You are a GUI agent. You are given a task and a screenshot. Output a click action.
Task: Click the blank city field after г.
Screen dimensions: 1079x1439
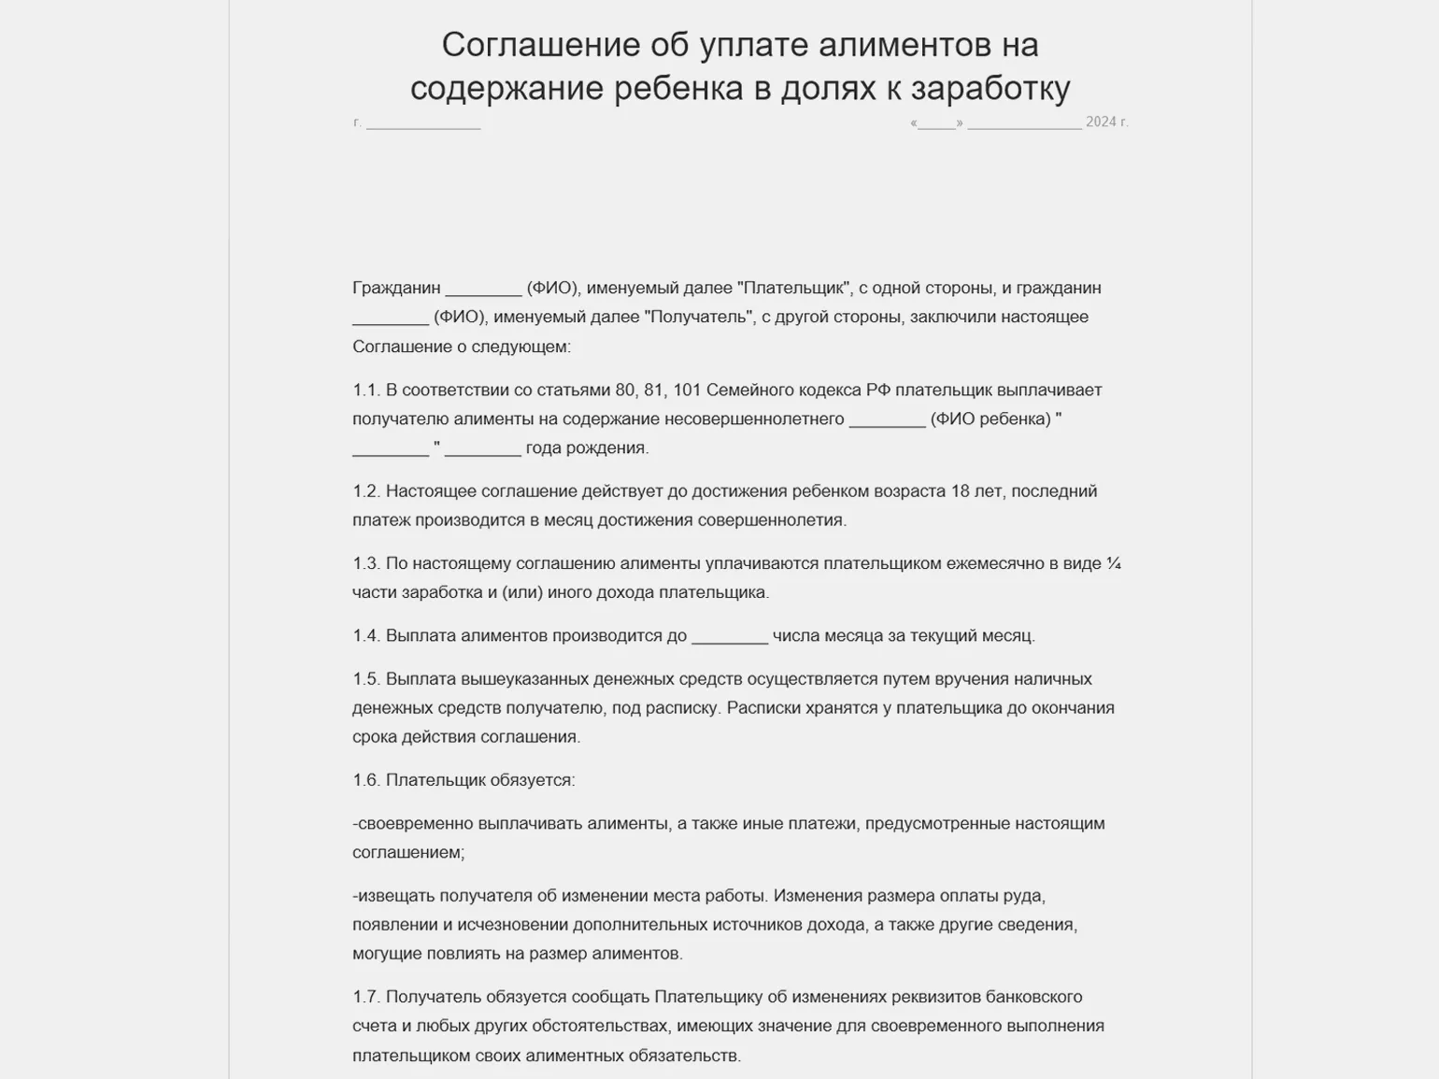(x=423, y=122)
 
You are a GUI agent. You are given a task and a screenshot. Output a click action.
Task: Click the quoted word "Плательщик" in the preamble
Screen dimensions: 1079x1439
(x=794, y=288)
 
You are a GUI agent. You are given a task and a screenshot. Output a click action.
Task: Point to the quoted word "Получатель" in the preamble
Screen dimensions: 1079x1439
(x=700, y=317)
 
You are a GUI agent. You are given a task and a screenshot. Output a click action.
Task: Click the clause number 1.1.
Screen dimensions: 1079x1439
(x=366, y=390)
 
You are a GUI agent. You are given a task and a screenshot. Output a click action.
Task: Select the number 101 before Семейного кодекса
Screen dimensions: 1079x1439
(x=687, y=390)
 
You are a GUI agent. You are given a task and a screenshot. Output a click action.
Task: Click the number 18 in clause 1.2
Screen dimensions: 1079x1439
(x=960, y=491)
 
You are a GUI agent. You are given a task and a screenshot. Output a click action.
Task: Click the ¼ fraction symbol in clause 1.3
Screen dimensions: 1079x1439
(x=1113, y=563)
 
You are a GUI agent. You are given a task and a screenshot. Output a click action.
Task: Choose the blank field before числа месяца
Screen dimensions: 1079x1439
(x=729, y=636)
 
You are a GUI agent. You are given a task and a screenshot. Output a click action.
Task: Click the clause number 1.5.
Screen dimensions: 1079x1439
(x=366, y=679)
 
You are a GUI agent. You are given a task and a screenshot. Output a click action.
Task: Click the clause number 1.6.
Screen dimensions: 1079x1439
(x=366, y=780)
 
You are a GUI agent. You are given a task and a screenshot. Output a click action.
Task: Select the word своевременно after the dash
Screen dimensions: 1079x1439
(x=415, y=824)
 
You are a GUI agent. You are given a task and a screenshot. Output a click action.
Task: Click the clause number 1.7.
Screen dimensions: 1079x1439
(x=366, y=997)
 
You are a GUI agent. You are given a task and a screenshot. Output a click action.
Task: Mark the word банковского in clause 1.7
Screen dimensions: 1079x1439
(x=1038, y=997)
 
